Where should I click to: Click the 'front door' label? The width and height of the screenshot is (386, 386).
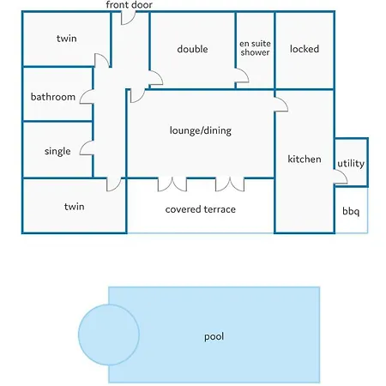(129, 4)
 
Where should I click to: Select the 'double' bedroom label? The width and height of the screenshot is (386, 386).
(192, 49)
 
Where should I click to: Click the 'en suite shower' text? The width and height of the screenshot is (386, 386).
(255, 48)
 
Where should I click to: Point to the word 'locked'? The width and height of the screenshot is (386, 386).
(305, 49)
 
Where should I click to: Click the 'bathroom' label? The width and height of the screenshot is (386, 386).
(53, 97)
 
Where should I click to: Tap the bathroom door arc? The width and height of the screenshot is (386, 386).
(83, 93)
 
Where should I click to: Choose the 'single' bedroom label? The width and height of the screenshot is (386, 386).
(57, 151)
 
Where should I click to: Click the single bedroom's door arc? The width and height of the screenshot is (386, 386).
(83, 145)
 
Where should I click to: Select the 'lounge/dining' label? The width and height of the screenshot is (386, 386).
(201, 130)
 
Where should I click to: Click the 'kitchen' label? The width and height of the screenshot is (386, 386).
(305, 159)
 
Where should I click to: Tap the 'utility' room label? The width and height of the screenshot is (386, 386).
(351, 164)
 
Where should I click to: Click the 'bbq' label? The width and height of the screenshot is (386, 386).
(351, 211)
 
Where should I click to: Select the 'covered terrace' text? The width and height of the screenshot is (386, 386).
(201, 209)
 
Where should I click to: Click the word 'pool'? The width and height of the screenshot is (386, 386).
(214, 336)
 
